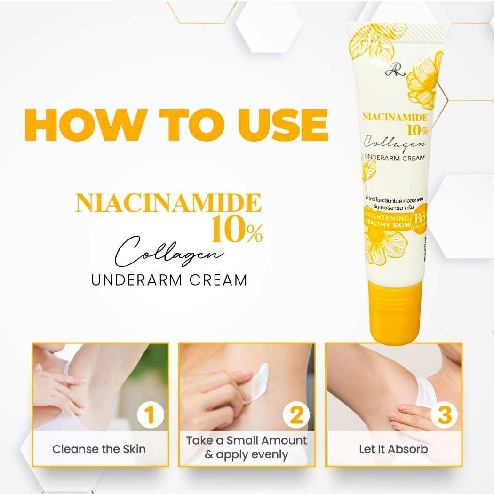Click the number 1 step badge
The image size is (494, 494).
[x=150, y=416]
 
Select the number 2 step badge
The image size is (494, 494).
[x=296, y=416]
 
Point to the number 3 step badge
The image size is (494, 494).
[x=444, y=416]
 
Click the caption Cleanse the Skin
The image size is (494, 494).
[x=99, y=449]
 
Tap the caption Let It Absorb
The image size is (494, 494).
[x=393, y=449]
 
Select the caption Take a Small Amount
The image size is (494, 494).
[x=247, y=441]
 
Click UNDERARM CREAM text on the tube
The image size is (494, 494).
[x=393, y=158]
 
